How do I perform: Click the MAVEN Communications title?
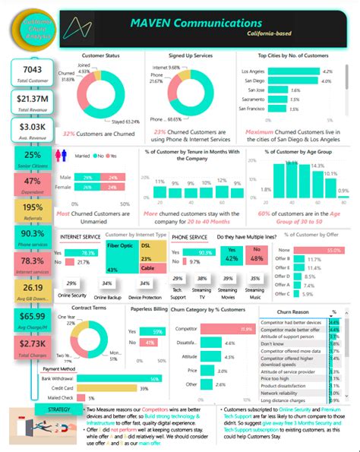[x=211, y=24]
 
